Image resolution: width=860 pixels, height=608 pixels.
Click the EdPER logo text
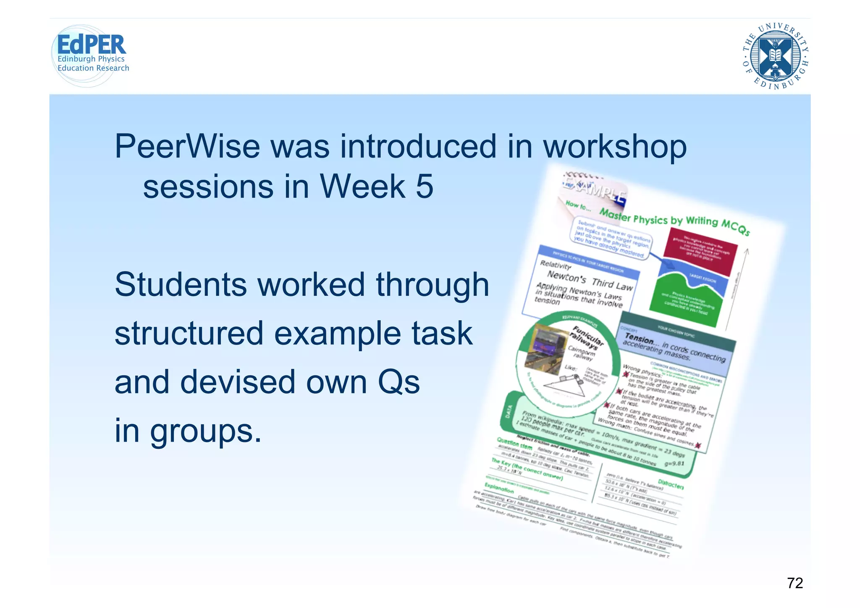point(91,45)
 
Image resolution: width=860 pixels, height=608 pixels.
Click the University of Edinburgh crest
point(775,55)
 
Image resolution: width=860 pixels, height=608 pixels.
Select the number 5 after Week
point(425,186)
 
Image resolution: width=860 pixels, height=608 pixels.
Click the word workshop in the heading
point(615,147)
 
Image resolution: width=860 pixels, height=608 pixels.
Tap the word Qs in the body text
point(399,382)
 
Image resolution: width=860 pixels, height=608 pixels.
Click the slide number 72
point(794,583)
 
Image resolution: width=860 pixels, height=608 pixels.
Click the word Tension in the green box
point(639,338)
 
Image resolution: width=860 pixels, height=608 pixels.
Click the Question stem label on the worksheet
point(514,443)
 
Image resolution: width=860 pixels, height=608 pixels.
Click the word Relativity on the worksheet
point(556,265)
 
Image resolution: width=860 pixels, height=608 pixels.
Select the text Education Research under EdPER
point(93,68)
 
